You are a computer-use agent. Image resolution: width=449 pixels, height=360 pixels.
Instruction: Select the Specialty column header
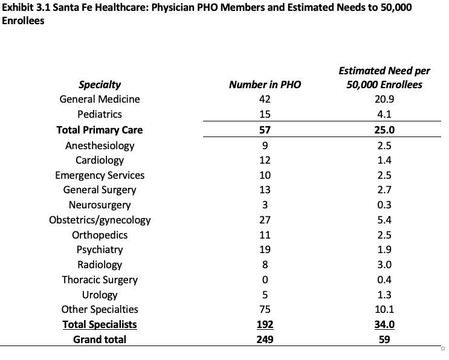100,85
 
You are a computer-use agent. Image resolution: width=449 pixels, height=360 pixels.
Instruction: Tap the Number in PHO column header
265,85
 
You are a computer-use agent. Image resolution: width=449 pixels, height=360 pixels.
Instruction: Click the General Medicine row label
100,99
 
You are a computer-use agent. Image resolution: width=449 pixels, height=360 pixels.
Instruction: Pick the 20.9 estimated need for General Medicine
384,99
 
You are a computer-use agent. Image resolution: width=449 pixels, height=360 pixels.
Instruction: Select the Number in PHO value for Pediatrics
265,114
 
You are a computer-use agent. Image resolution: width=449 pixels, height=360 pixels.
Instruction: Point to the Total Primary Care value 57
265,129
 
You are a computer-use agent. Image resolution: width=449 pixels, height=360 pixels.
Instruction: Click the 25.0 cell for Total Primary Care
384,129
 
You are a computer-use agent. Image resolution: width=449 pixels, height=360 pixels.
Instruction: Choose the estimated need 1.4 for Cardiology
384,160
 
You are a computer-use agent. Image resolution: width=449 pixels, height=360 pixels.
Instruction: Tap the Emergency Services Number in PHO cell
265,175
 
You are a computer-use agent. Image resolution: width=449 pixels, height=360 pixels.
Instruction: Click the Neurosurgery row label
100,205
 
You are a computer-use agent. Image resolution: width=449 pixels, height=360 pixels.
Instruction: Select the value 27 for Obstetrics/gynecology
265,220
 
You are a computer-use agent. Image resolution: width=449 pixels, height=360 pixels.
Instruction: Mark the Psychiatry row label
100,249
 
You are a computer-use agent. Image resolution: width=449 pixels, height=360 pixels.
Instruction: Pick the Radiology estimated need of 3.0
384,265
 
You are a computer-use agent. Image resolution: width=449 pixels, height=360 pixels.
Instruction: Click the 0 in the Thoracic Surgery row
265,280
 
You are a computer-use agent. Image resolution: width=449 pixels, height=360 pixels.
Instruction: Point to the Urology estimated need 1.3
384,295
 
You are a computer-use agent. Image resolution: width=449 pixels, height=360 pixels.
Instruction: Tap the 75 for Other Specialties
265,309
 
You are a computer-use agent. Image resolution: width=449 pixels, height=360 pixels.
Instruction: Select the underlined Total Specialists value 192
265,324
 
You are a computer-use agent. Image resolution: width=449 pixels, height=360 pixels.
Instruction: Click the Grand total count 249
265,339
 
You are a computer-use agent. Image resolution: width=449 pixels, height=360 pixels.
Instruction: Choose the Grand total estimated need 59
384,339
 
